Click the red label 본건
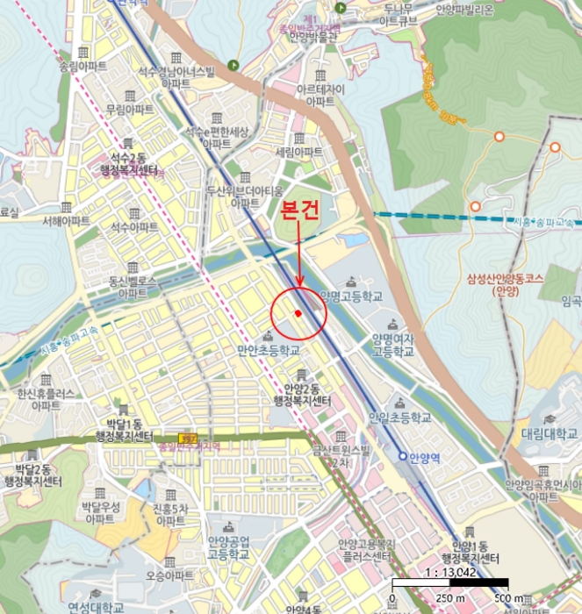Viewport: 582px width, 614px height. click(x=298, y=211)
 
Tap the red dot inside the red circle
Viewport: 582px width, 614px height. click(x=298, y=312)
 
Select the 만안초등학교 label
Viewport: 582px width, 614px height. click(x=269, y=349)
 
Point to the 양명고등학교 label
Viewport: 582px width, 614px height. click(x=352, y=297)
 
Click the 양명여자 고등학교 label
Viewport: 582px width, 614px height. click(x=392, y=345)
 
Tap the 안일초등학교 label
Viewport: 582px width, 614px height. click(x=401, y=418)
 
